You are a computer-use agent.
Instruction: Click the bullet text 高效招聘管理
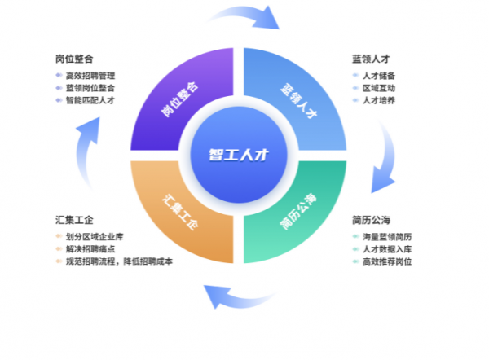(x=90, y=76)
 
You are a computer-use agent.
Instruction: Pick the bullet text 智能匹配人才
(x=90, y=100)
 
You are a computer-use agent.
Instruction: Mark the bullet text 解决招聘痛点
(x=90, y=249)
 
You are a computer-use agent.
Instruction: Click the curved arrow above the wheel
(x=244, y=16)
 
